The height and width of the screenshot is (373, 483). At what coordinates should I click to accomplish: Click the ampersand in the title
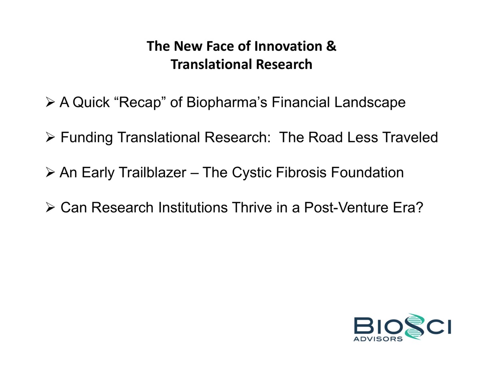click(331, 46)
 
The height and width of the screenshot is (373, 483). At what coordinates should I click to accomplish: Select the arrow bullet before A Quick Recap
click(50, 103)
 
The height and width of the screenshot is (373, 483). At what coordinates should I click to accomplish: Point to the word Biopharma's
click(226, 103)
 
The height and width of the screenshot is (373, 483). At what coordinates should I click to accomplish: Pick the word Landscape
click(370, 103)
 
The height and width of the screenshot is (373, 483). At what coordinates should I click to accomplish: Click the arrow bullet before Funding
click(50, 137)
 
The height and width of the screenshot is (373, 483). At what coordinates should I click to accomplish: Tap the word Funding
click(87, 138)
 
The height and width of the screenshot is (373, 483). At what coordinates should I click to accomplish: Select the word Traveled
click(410, 137)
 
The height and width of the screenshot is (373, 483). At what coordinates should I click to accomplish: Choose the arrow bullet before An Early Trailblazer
click(50, 172)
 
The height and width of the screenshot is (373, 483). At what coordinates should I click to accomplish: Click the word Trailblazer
click(153, 172)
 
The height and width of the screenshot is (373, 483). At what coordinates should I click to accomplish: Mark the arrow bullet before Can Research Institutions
click(50, 207)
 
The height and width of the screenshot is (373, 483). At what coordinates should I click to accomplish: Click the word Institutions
click(193, 207)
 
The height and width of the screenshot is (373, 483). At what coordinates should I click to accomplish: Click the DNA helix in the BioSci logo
click(413, 326)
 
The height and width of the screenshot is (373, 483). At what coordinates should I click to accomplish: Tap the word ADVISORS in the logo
click(378, 339)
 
